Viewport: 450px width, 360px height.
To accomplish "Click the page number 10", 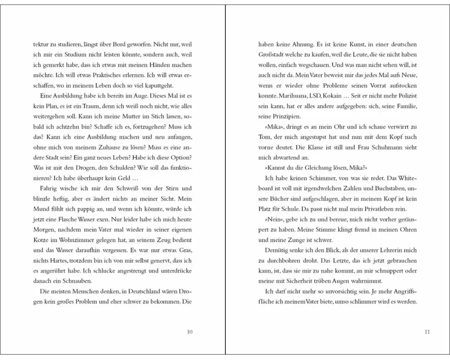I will tap(189, 332).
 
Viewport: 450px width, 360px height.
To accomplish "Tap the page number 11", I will tap(427, 332).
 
